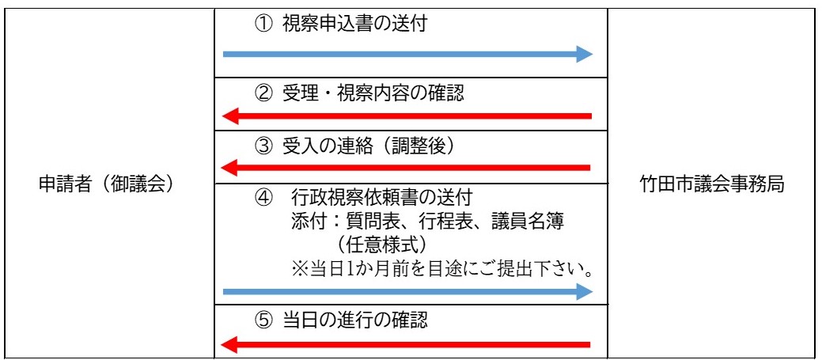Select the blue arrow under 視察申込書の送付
407,54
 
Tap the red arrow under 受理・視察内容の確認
407,117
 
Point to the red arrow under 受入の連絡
407,168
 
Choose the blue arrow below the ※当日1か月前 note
407,292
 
